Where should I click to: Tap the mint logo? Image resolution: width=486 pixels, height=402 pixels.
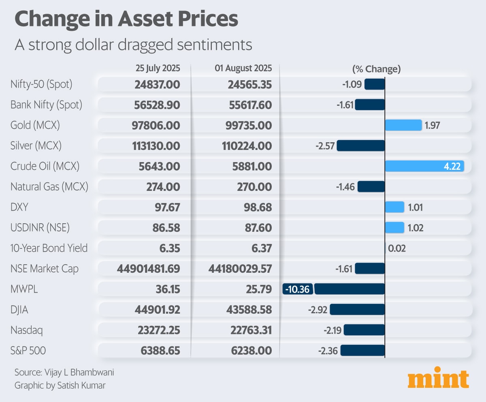(x=438, y=378)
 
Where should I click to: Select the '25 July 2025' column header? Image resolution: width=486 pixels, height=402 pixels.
(x=158, y=68)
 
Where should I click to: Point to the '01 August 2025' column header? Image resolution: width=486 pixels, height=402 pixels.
(x=243, y=68)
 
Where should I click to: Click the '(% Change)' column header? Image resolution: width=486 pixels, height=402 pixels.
(x=376, y=68)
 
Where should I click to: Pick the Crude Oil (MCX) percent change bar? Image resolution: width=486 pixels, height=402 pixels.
(x=424, y=166)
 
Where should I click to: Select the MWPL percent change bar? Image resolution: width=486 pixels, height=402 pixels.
(x=349, y=289)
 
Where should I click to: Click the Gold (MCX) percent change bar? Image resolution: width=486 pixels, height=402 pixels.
(x=403, y=125)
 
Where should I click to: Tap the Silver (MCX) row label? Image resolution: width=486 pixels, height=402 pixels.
(x=36, y=145)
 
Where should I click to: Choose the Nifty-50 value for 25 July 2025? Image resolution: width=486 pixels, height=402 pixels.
(x=157, y=84)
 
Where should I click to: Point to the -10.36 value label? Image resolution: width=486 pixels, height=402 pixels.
(x=298, y=289)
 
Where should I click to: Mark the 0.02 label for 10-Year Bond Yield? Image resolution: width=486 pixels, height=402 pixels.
(x=397, y=248)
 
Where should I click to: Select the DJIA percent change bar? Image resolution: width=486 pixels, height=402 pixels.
(x=357, y=310)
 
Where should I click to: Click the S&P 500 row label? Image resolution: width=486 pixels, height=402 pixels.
(x=28, y=351)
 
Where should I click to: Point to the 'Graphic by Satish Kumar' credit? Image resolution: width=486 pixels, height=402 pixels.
(x=60, y=385)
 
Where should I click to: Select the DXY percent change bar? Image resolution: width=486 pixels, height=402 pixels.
(x=394, y=207)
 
